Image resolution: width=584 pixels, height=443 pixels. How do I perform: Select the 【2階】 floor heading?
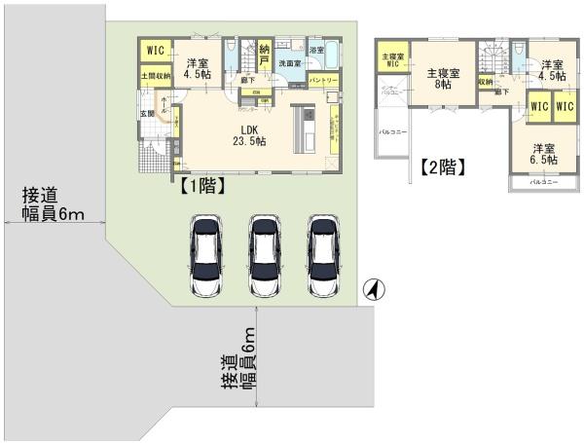[x=443, y=166]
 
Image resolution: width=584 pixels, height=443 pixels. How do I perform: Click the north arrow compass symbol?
[x=373, y=289]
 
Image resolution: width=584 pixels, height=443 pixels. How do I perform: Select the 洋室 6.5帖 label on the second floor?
[x=544, y=157]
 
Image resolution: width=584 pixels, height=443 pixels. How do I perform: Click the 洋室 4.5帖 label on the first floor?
[x=200, y=64]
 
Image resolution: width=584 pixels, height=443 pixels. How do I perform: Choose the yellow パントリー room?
[x=323, y=80]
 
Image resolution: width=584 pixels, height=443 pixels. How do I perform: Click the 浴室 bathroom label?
[x=316, y=50]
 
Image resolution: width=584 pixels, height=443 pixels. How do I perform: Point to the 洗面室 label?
[x=290, y=62]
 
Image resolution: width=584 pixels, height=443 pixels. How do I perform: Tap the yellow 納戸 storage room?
[x=264, y=55]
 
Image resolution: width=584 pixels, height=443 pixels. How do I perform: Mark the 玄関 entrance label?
[x=147, y=113]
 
